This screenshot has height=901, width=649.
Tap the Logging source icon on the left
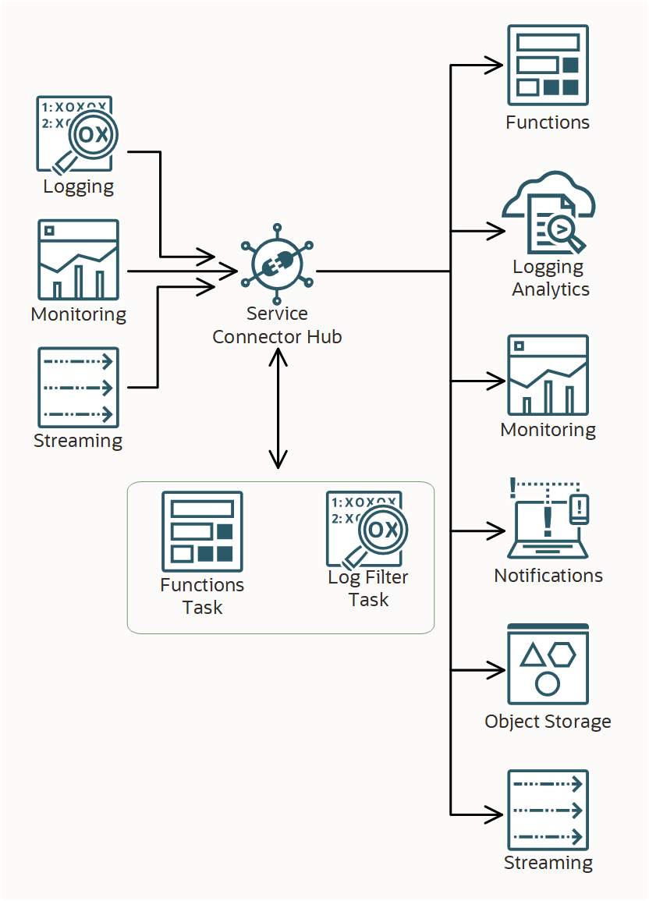[x=75, y=133]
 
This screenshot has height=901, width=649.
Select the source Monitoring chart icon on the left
[x=78, y=260]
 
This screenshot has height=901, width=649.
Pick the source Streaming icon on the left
[x=78, y=387]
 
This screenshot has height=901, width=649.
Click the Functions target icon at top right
[x=548, y=66]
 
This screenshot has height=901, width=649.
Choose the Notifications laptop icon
[x=548, y=519]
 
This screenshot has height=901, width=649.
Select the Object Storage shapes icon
[x=548, y=664]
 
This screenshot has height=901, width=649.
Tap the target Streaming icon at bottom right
[x=548, y=810]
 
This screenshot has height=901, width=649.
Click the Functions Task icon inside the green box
[x=202, y=531]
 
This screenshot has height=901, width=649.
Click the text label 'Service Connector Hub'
[x=277, y=325]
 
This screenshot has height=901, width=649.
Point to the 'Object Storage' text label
[x=548, y=722]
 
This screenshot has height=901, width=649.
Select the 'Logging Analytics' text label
[x=550, y=278]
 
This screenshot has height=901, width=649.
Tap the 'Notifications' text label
[x=548, y=576]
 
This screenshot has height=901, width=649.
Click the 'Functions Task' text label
[x=202, y=596]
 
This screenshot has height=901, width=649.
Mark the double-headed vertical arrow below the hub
[x=278, y=409]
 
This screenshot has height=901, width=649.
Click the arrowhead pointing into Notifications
[x=496, y=531]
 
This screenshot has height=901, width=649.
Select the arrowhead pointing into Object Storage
[x=496, y=670]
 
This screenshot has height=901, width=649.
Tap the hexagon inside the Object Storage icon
[x=562, y=654]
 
